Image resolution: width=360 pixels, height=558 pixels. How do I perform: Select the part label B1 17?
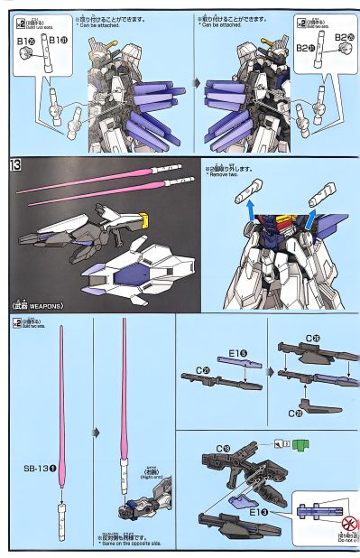coord(56,40)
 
